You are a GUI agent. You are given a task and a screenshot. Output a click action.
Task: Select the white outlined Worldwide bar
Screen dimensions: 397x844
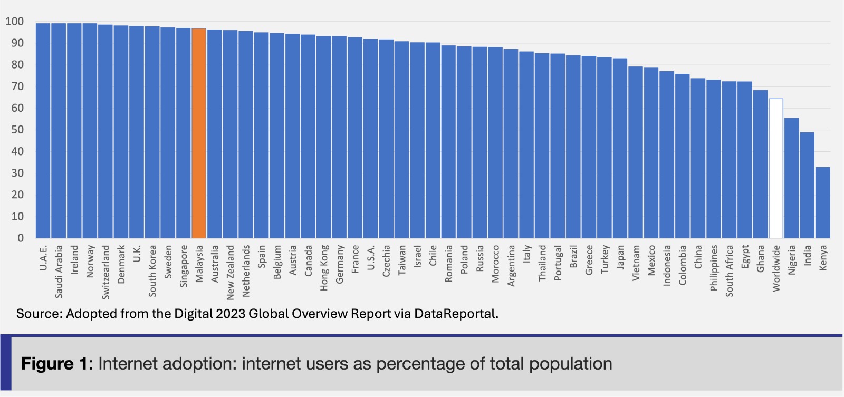[776, 168]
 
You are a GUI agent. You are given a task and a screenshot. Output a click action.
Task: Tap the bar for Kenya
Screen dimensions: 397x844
[823, 202]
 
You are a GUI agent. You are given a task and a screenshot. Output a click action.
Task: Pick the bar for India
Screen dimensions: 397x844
[807, 185]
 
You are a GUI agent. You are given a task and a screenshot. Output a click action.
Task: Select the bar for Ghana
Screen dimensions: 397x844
[760, 164]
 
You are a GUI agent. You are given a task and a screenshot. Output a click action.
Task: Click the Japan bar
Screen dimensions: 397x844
[620, 148]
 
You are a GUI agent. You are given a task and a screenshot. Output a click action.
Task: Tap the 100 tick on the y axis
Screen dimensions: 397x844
[15, 22]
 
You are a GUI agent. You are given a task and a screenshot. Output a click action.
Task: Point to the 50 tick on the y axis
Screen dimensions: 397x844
[17, 130]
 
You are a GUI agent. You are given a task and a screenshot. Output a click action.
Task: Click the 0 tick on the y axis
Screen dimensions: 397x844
[21, 238]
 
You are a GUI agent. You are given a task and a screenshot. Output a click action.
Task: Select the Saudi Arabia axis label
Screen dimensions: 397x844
[59, 271]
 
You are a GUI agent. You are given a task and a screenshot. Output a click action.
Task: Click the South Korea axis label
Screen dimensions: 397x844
[152, 270]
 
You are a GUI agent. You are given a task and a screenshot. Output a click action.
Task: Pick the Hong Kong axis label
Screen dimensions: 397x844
[324, 267]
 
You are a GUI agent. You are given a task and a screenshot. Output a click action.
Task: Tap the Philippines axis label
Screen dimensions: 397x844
[714, 267]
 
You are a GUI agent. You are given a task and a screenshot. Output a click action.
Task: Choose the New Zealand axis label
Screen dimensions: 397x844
[231, 272]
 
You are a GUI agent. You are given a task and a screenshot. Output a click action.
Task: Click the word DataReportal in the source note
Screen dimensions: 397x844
[455, 314]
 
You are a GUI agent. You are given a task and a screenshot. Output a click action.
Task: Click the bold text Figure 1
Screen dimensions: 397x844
[54, 364]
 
